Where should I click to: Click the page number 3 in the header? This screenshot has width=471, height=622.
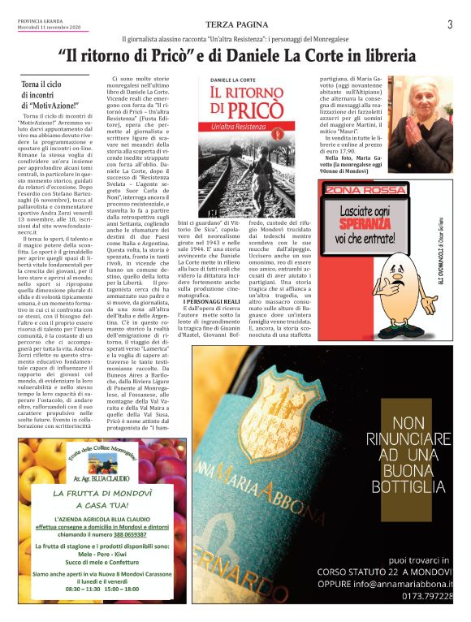click(x=449, y=24)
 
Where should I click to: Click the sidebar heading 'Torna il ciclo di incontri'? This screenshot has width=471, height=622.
click(x=50, y=94)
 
